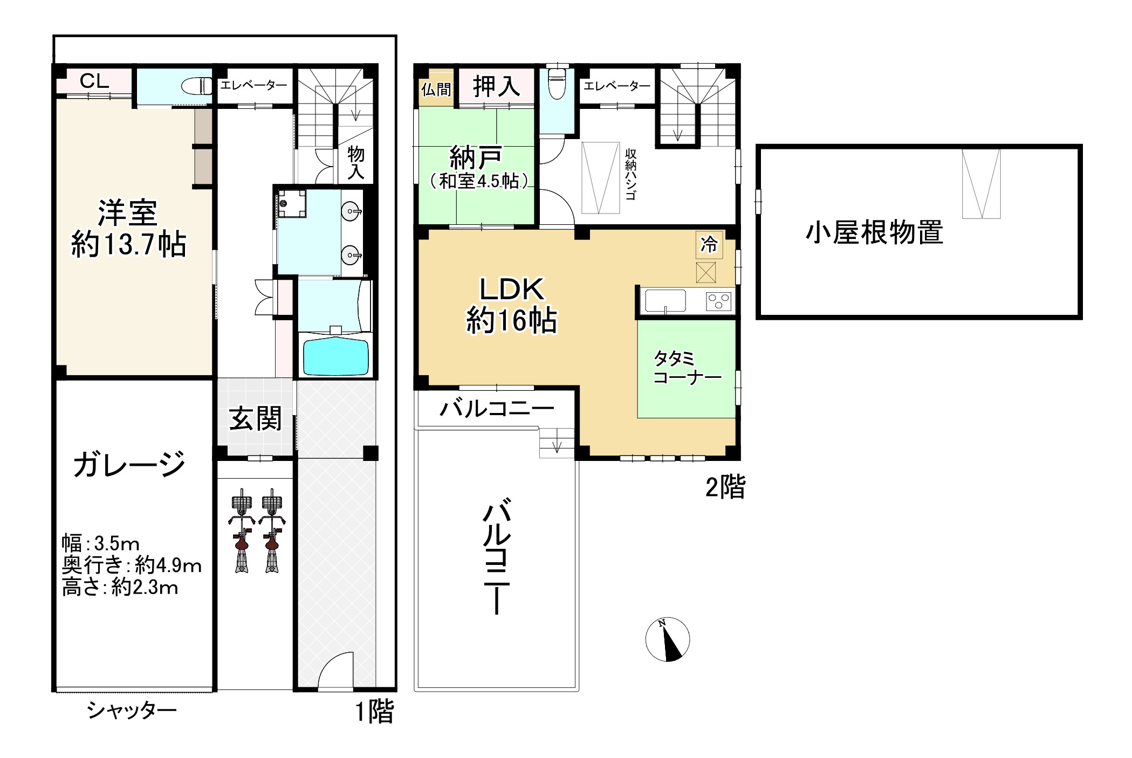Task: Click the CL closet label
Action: click(x=94, y=81)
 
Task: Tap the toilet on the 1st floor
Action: click(x=197, y=86)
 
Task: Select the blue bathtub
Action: click(x=335, y=356)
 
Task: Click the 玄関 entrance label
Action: click(x=255, y=419)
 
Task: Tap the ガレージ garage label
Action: click(x=129, y=465)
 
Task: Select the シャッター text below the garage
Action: click(x=132, y=711)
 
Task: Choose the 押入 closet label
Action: click(x=496, y=87)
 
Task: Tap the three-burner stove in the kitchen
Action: click(x=718, y=301)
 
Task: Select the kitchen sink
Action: click(x=666, y=301)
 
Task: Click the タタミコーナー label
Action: click(x=687, y=368)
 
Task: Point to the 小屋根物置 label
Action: click(x=874, y=232)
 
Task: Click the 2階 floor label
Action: click(x=725, y=488)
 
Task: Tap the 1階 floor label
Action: click(x=374, y=711)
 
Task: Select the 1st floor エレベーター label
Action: click(x=253, y=85)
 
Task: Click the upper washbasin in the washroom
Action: click(x=352, y=210)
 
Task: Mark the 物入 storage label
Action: click(x=355, y=163)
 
